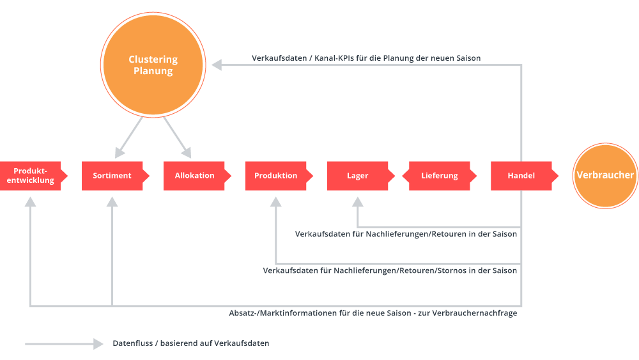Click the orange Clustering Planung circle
153,65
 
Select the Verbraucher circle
605,175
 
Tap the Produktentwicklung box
31,176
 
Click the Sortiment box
112,176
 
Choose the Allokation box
194,176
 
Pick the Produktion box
276,176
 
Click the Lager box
357,176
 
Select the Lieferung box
440,176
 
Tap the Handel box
521,176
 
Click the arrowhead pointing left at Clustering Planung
217,65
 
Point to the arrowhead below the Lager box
358,202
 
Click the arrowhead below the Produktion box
276,202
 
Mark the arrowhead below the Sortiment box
112,202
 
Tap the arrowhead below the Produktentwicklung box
31,202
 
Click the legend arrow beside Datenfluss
64,344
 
